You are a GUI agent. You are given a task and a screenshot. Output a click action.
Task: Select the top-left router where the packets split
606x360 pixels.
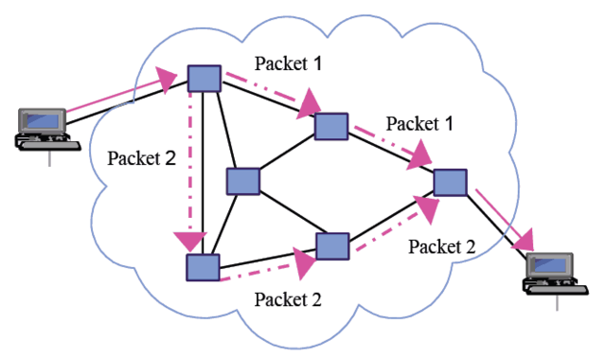(205, 79)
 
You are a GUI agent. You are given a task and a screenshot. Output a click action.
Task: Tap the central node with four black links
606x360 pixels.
(243, 182)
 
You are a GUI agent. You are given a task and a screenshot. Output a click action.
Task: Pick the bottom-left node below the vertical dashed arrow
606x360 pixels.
(203, 267)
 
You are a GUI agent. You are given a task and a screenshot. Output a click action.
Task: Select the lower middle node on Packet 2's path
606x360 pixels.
(333, 246)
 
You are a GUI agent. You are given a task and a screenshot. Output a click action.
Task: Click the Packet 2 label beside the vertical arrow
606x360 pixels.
(142, 156)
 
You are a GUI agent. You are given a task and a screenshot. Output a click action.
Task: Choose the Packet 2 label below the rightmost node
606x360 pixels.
(440, 245)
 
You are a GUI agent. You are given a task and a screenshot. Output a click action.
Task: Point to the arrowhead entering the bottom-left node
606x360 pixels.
(193, 243)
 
